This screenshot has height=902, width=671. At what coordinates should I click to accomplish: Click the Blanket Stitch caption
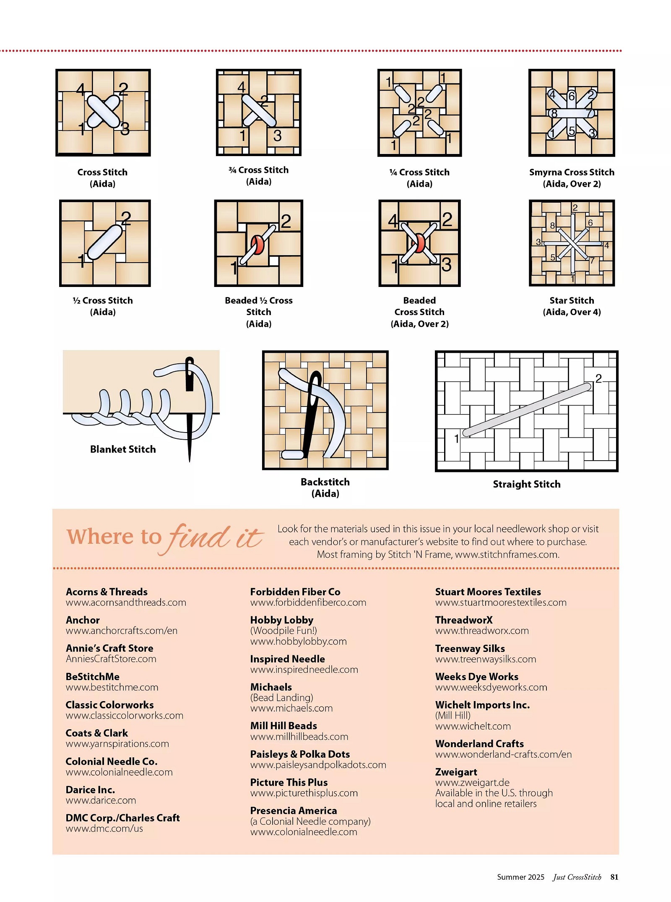[x=123, y=449]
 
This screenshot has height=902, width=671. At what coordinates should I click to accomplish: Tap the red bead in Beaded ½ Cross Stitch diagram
[x=257, y=245]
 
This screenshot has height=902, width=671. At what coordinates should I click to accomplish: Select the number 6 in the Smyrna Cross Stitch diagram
[x=571, y=96]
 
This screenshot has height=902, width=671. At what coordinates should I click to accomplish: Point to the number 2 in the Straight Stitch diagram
[x=598, y=378]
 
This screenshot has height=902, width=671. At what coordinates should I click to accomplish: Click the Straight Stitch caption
[x=527, y=484]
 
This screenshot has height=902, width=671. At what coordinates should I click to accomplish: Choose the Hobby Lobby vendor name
[x=282, y=620]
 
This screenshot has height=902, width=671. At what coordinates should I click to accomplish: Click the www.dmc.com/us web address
[x=104, y=829]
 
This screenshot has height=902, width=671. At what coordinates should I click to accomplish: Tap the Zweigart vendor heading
[x=456, y=772]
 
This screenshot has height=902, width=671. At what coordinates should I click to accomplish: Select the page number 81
[x=614, y=877]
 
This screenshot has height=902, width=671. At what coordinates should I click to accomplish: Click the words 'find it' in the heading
[x=215, y=538]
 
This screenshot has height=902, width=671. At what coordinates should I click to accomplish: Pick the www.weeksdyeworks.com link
[x=491, y=687]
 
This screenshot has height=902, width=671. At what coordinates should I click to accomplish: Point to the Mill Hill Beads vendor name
[x=283, y=726]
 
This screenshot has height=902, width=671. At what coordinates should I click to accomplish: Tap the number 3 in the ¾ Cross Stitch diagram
[x=277, y=136]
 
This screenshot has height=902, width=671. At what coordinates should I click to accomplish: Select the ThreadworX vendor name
[x=464, y=620]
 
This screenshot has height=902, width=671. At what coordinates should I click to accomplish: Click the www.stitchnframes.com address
[x=507, y=555]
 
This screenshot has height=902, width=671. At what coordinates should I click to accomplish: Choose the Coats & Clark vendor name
[x=97, y=733]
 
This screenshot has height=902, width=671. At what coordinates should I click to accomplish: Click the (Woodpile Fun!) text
[x=284, y=631]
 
